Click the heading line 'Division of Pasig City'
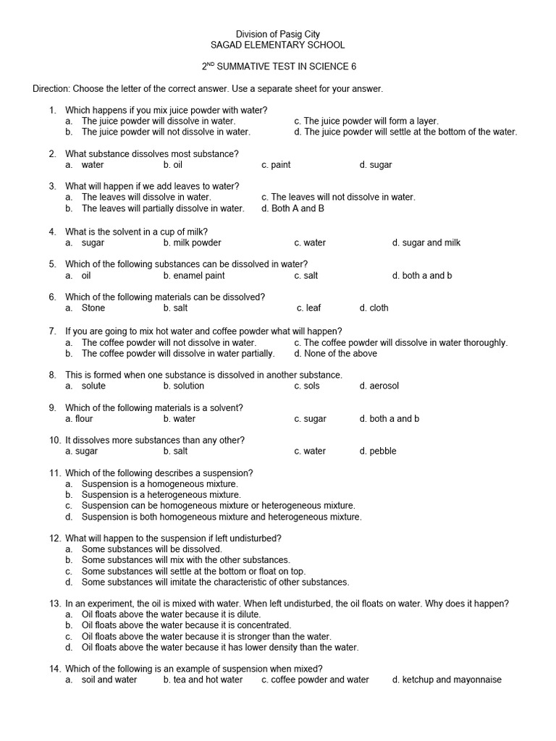pyautogui.click(x=278, y=34)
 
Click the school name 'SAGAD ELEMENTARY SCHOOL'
pyautogui.click(x=278, y=45)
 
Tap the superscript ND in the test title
pyautogui.click(x=211, y=64)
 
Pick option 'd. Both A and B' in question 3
pyautogui.click(x=292, y=208)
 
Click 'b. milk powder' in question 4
pyautogui.click(x=192, y=243)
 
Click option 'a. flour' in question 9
pyautogui.click(x=79, y=419)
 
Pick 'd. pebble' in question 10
pyautogui.click(x=377, y=452)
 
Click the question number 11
pyautogui.click(x=54, y=473)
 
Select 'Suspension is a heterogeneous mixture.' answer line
pyautogui.click(x=161, y=495)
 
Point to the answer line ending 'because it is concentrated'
pyautogui.click(x=186, y=625)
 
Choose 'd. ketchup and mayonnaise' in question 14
pyautogui.click(x=447, y=680)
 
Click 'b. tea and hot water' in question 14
pyautogui.click(x=203, y=680)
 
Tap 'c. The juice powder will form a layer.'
pyautogui.click(x=366, y=122)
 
